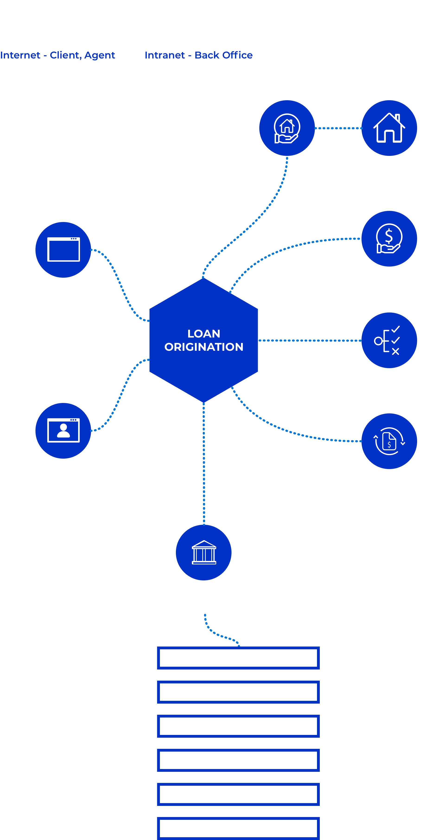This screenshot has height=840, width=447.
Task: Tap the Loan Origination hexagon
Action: click(204, 340)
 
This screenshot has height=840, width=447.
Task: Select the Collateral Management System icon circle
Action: click(287, 128)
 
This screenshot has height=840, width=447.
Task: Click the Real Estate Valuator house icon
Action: click(389, 128)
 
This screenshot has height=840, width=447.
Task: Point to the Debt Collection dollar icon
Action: click(389, 238)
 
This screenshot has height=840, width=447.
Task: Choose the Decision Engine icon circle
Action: click(389, 340)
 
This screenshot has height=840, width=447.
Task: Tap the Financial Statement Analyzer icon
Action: click(389, 441)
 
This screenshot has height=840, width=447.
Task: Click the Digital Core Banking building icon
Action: click(204, 552)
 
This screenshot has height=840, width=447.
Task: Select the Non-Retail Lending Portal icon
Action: click(63, 250)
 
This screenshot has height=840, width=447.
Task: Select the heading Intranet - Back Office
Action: click(198, 55)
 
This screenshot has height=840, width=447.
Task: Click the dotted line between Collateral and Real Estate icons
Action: click(338, 128)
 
